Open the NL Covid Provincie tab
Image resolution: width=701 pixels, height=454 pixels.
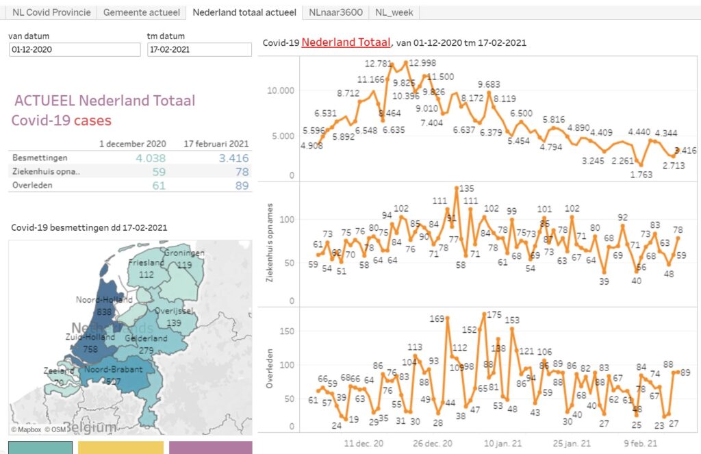tap(51, 12)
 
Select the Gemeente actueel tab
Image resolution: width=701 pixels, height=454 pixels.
tap(141, 12)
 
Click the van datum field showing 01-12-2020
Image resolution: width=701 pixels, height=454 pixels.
tap(75, 50)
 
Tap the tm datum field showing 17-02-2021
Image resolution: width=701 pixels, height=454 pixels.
tap(199, 50)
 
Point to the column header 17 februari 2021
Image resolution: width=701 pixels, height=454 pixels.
tap(216, 144)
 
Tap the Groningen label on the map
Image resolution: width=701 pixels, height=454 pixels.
tap(184, 253)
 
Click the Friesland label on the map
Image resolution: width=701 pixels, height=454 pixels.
tap(146, 262)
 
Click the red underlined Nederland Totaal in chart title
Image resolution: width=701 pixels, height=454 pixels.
tap(345, 42)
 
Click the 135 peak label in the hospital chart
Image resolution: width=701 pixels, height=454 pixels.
tap(466, 188)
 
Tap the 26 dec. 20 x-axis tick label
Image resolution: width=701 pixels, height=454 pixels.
tap(433, 443)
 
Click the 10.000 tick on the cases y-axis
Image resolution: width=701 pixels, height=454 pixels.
tap(280, 90)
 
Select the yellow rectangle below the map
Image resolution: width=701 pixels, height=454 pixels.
tap(120, 447)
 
